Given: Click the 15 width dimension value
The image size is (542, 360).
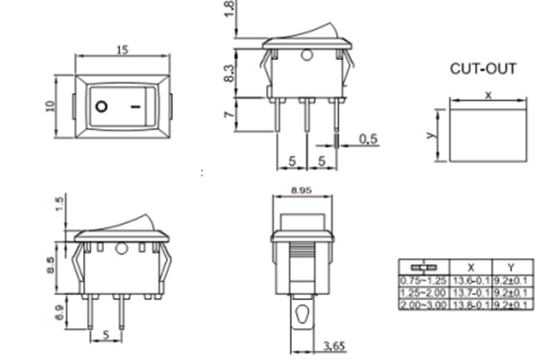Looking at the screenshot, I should tap(122, 50).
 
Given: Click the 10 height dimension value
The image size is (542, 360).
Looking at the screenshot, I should tap(50, 106).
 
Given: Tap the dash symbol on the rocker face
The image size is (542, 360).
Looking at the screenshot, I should tap(136, 107).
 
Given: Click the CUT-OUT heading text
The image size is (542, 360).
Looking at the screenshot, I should tap(483, 69).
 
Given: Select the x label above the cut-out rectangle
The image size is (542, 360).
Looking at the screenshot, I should tap(489, 95).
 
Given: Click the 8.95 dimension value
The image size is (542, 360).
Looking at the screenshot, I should tap(302, 191).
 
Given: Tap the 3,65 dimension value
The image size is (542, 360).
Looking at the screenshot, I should tap(333, 345).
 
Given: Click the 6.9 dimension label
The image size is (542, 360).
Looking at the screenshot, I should tap(58, 314).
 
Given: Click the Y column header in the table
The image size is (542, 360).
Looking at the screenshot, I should tap(511, 267).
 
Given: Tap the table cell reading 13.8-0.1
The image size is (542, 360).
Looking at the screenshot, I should tap(471, 305).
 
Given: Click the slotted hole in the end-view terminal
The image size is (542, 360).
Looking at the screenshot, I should tap(302, 317).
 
